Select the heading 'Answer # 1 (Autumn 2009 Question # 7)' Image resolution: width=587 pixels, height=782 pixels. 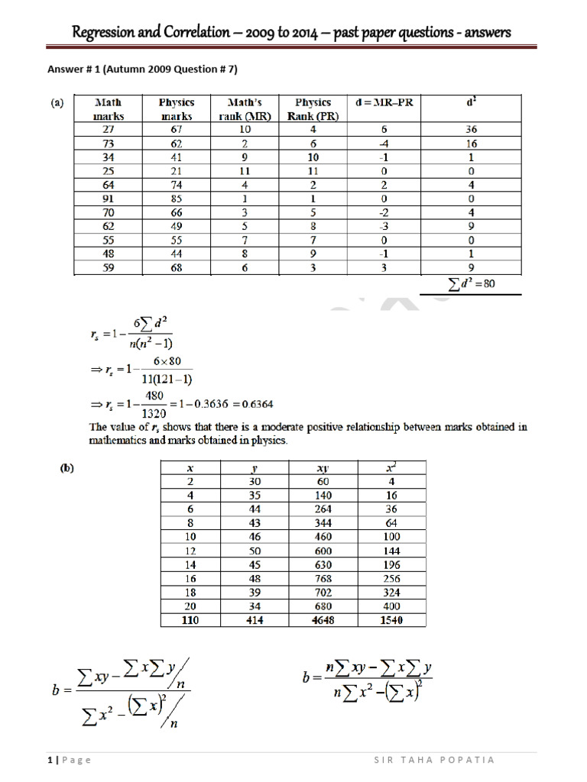tap(143, 69)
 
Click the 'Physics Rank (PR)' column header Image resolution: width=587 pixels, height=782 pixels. tap(313, 109)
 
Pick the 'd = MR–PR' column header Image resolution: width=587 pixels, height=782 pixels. tap(384, 102)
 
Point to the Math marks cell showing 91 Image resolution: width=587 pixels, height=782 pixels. tap(107, 198)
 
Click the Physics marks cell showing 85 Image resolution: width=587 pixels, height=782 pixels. tap(177, 198)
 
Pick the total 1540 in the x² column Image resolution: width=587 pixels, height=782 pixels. tap(390, 621)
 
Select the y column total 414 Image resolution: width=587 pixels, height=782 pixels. tap(255, 621)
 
